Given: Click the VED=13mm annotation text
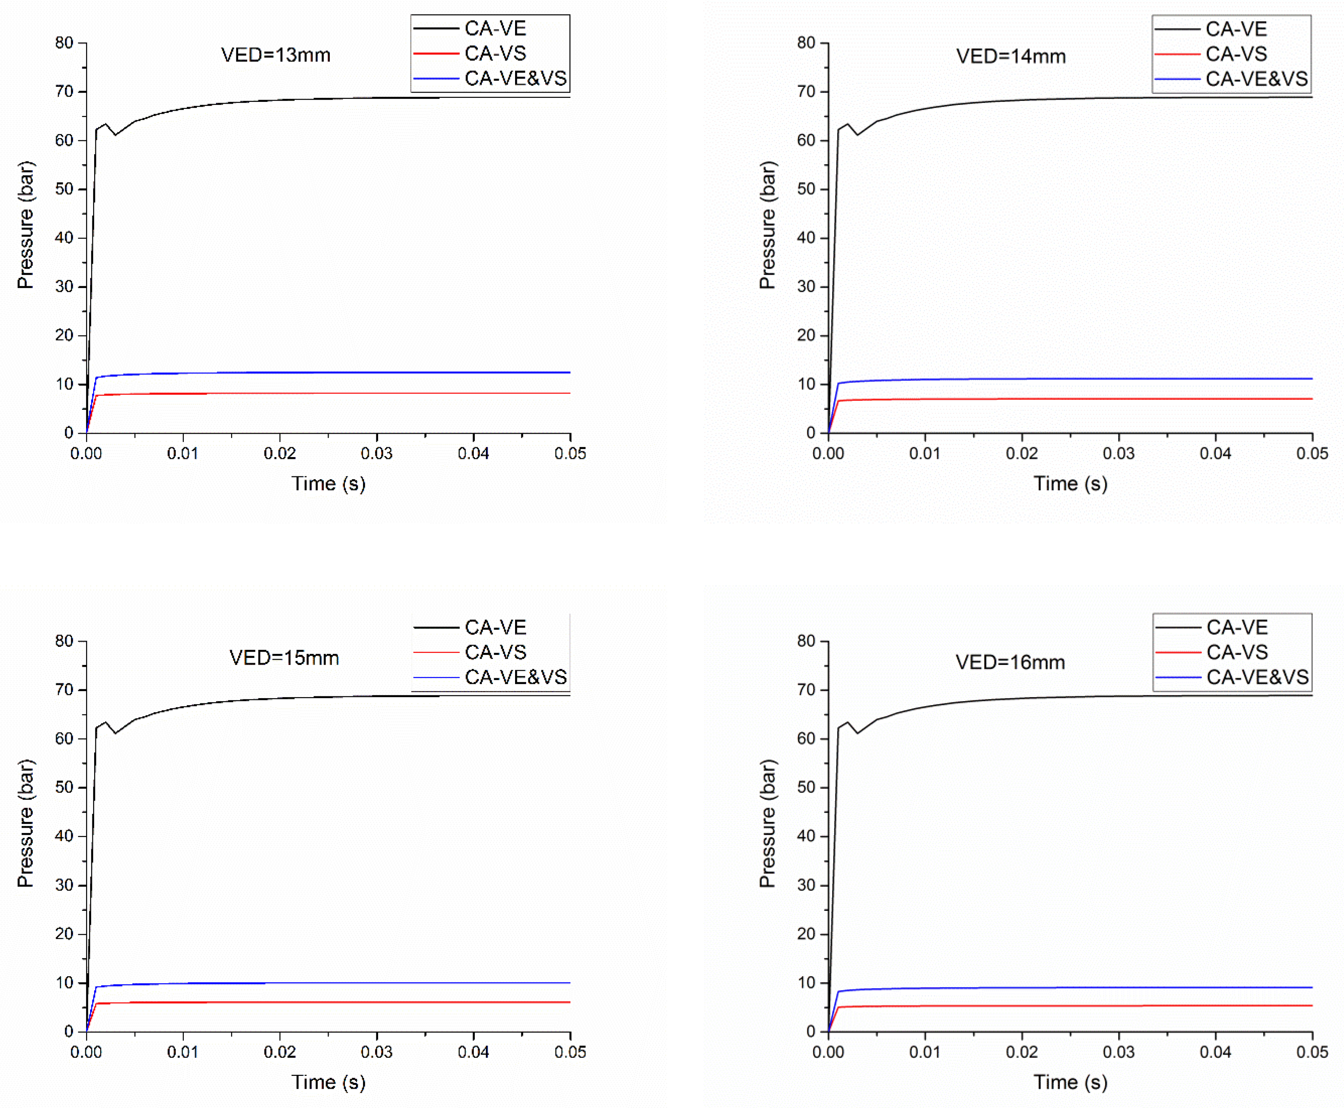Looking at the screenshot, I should [x=276, y=55].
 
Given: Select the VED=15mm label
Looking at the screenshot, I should [x=284, y=658].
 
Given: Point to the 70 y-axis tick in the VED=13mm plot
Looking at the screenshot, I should [x=65, y=91].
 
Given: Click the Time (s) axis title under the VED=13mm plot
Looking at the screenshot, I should [x=328, y=483].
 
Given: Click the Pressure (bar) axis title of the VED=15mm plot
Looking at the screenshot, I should [x=25, y=823].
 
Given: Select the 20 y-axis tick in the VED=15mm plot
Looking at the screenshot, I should [x=65, y=934].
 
